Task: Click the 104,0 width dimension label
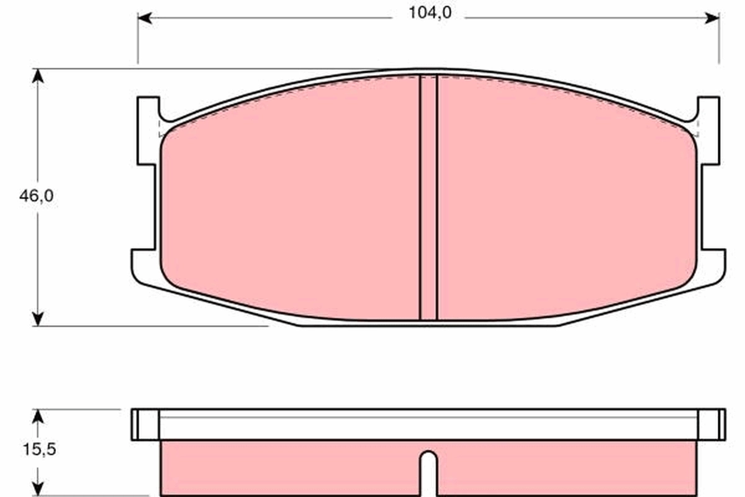[430, 13]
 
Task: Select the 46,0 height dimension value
[36, 196]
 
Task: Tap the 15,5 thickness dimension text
[39, 449]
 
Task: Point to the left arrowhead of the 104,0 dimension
[145, 18]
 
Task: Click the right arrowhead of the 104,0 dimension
[712, 18]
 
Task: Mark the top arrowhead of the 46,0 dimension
[38, 76]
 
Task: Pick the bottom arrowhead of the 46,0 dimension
[38, 319]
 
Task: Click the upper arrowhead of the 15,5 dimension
[38, 416]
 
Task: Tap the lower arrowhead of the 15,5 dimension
[38, 488]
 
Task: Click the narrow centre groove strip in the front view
[428, 198]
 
